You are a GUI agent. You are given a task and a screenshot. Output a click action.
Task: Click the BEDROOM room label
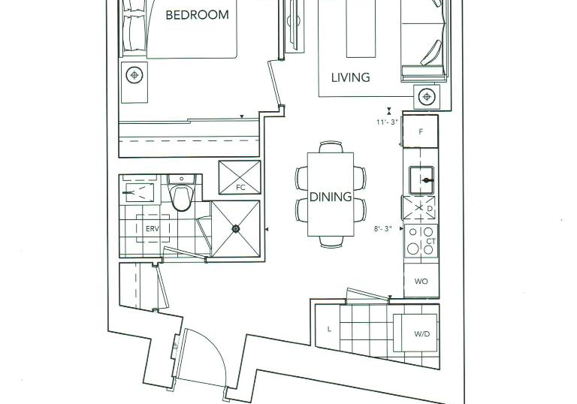198,15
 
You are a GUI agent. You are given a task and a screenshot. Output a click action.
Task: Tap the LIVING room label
351,77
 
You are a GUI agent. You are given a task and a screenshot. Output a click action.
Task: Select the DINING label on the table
331,197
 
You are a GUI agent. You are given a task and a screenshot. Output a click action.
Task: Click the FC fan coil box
240,177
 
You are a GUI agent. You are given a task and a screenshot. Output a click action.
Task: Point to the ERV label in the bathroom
153,228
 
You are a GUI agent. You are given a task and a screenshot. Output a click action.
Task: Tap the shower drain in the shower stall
235,229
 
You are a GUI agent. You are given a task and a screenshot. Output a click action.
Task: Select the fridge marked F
421,131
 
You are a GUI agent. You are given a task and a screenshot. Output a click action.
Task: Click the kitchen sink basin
421,180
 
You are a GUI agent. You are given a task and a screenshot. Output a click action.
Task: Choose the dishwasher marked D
419,208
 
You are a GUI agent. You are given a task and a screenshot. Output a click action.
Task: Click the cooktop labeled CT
421,241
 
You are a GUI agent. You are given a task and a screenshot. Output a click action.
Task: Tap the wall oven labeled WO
421,282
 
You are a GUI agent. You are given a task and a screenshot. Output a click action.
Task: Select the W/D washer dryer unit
415,333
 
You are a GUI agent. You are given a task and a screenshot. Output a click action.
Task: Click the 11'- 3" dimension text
387,122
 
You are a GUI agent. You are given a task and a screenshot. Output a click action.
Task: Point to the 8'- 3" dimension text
382,228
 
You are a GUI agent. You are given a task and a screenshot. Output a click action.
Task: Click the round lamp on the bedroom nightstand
134,75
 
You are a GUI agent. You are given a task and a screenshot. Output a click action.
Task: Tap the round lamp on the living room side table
427,97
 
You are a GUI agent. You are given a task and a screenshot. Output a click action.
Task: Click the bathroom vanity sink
140,192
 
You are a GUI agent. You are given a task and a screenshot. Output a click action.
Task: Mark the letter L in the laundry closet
329,330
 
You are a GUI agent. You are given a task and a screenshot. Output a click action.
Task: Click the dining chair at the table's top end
331,147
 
